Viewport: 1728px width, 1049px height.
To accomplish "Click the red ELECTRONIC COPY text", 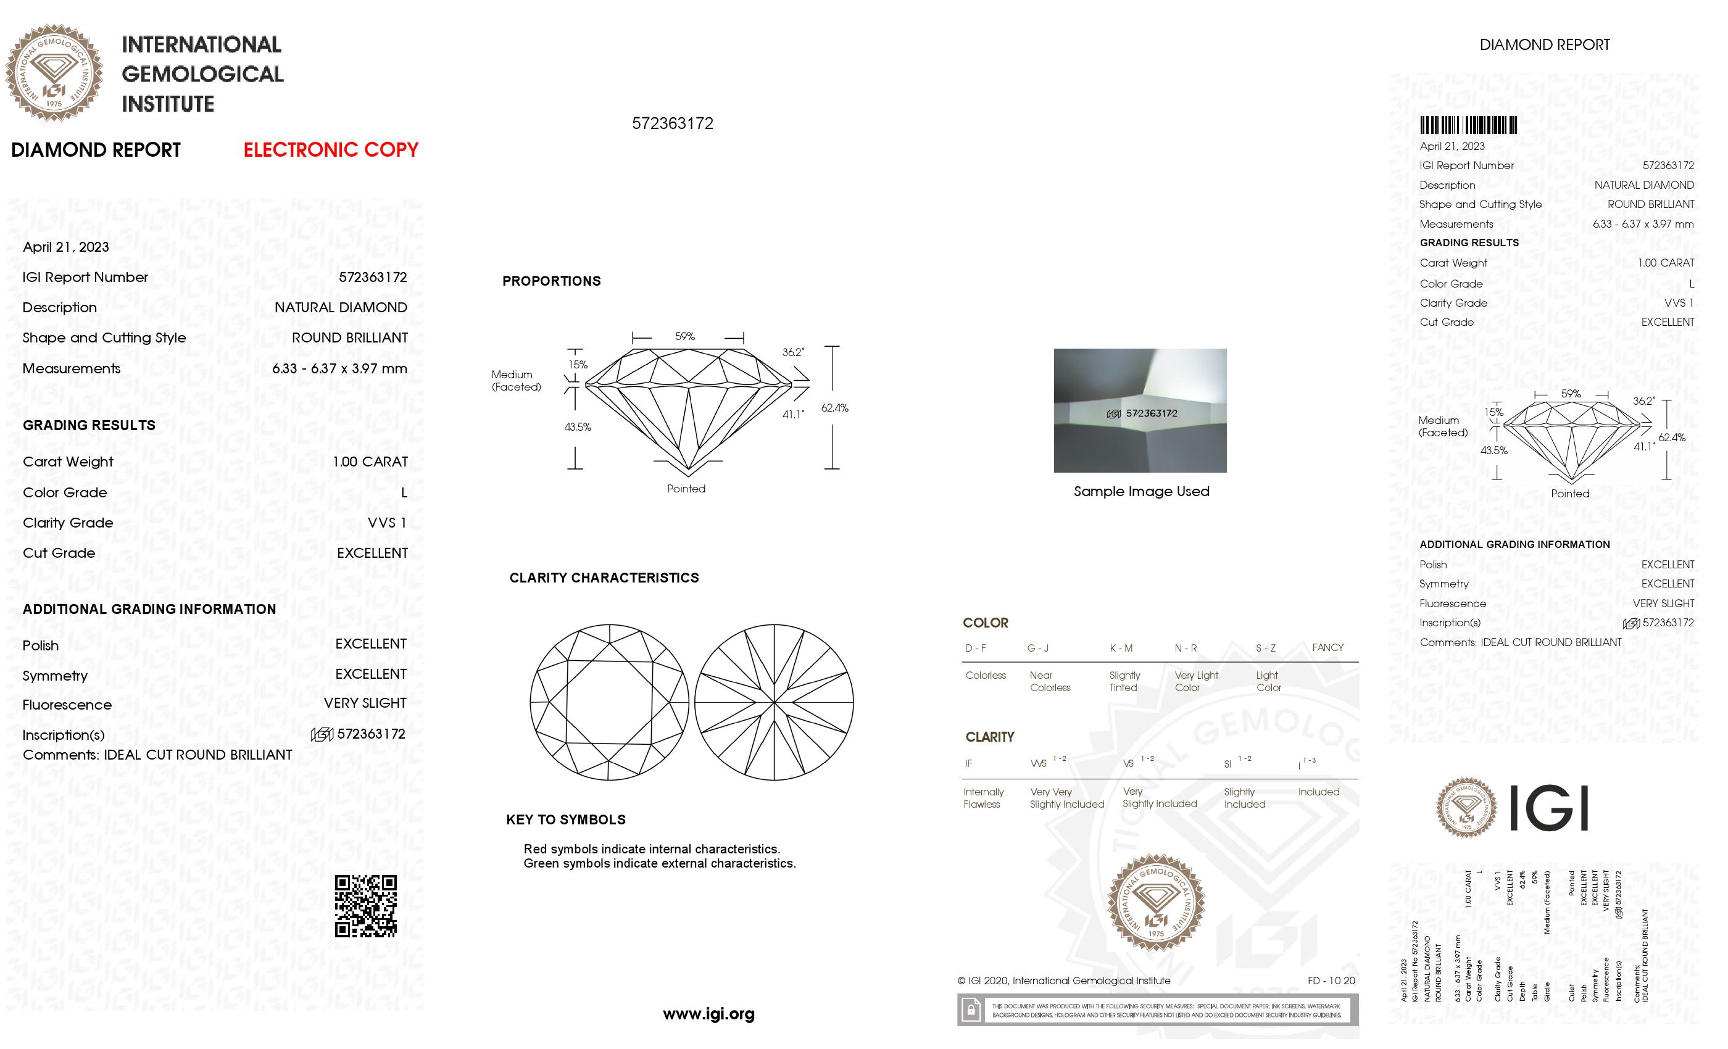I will click(330, 150).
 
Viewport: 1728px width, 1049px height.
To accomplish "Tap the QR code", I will click(365, 905).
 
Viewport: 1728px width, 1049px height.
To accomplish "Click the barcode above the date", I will click(1468, 125).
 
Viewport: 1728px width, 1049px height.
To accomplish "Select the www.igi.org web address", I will click(708, 1013).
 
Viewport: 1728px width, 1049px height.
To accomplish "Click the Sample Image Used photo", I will click(1140, 410).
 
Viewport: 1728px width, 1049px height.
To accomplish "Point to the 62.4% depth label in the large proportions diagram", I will click(834, 407).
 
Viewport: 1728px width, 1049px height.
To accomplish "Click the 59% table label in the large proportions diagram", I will click(684, 336).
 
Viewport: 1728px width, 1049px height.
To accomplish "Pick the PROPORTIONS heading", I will click(551, 281).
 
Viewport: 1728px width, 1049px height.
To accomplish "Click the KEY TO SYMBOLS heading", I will click(565, 819).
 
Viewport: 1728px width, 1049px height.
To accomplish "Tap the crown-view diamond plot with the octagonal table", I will click(609, 702).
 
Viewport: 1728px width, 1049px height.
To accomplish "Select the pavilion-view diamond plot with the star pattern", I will click(773, 702).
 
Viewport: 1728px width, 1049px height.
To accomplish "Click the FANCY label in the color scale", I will click(1327, 647).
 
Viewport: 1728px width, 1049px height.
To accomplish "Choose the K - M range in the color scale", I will click(1121, 648).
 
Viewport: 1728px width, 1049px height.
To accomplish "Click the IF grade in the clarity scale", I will click(968, 764).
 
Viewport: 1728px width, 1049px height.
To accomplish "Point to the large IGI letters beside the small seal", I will click(1547, 808).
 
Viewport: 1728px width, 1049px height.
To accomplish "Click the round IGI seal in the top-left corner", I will click(54, 73).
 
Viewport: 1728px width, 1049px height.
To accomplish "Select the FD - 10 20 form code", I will click(1331, 981).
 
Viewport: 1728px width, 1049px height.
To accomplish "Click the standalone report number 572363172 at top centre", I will click(672, 123).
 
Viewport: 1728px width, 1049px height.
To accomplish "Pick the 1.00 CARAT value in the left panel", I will click(370, 462).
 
